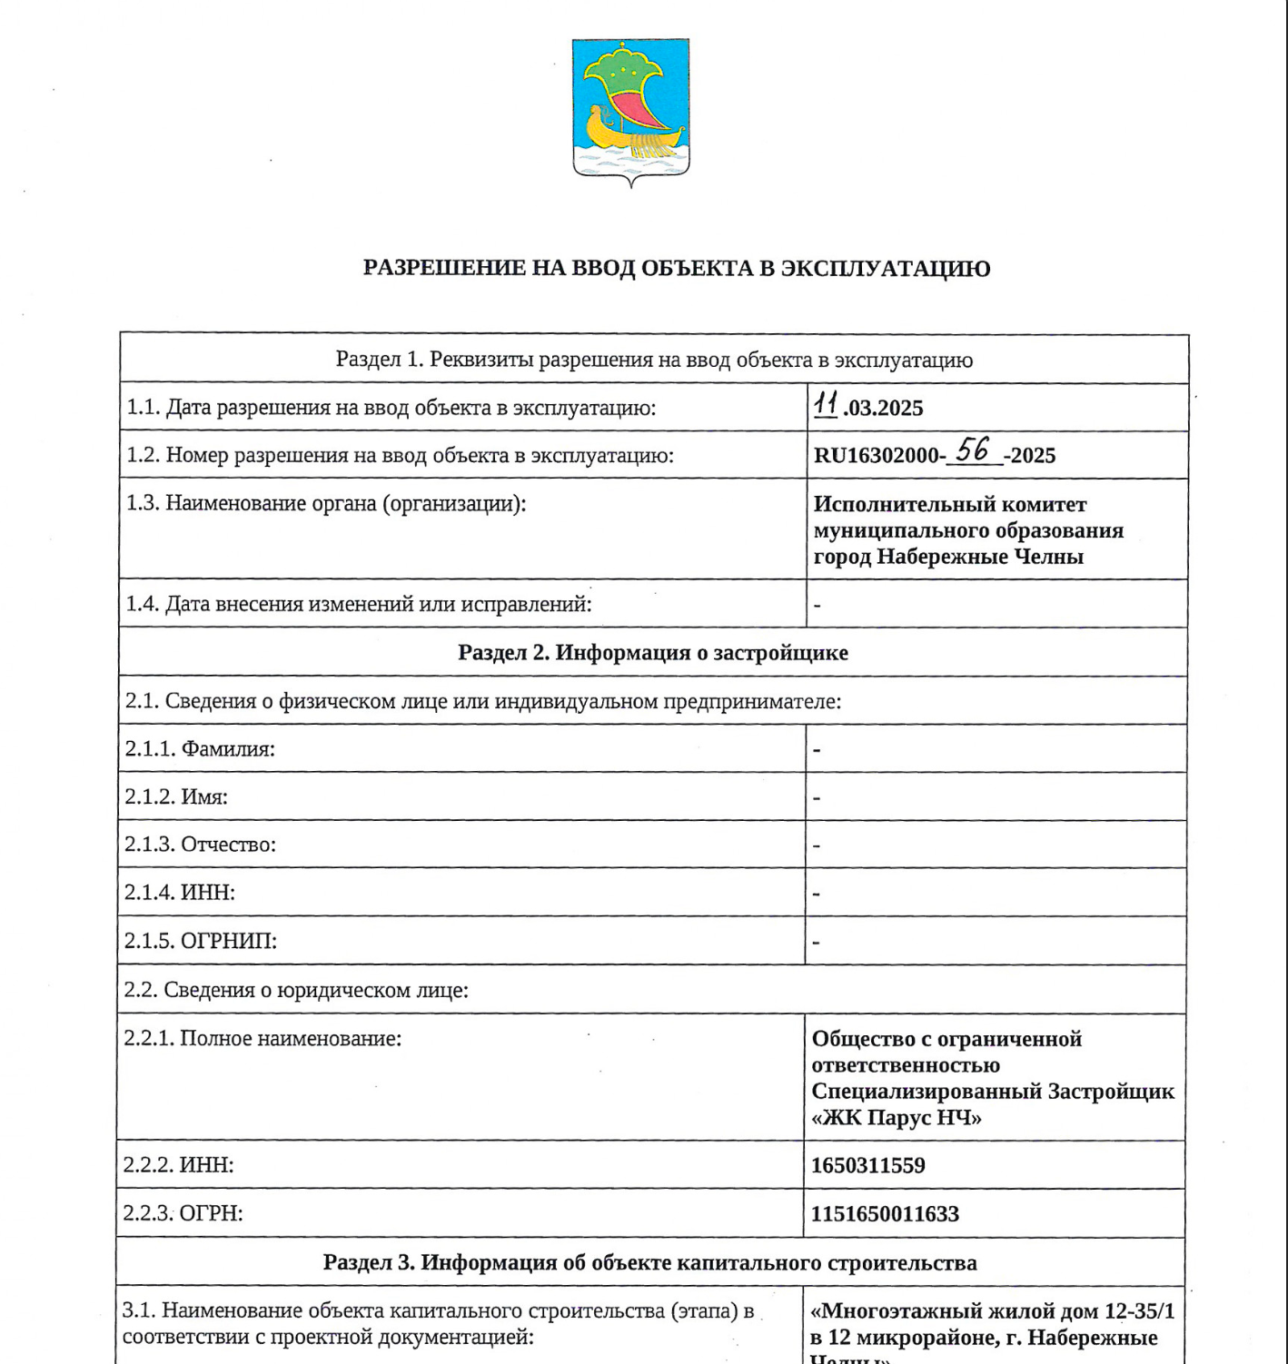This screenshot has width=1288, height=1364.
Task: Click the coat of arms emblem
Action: [x=630, y=109]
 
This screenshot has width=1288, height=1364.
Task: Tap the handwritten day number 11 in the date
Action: [x=826, y=404]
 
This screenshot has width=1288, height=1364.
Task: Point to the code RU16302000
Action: [x=876, y=456]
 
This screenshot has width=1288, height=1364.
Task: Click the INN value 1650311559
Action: [x=867, y=1165]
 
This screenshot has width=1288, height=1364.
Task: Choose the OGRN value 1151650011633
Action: [x=885, y=1214]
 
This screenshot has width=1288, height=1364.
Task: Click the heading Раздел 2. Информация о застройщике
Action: [x=652, y=653]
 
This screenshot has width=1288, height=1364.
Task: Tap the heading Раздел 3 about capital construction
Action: [x=649, y=1263]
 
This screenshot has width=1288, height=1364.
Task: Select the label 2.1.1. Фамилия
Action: [x=200, y=749]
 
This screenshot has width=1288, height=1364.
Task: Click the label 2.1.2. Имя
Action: [x=176, y=797]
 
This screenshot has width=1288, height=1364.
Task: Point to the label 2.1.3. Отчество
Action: [x=200, y=845]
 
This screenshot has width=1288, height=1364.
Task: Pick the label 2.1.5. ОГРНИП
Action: [x=201, y=941]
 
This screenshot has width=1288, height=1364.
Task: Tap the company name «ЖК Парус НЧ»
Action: [x=897, y=1118]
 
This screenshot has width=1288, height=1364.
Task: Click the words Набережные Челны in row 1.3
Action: [x=979, y=557]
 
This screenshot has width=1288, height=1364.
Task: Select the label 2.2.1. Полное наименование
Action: [x=263, y=1039]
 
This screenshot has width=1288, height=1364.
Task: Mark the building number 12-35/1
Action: [x=1139, y=1311]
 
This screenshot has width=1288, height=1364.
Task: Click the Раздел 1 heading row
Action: [x=654, y=361]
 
